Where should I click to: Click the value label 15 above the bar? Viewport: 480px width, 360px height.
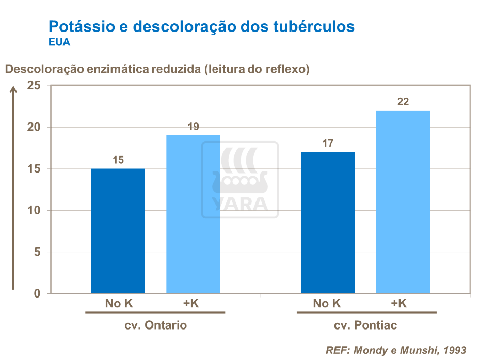tap(118, 160)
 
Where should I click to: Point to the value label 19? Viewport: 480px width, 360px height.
tap(193, 127)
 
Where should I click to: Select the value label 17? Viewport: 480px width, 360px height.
tap(328, 143)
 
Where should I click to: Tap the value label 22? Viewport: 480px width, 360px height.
tap(403, 102)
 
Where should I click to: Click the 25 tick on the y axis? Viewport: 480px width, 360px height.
tap(34, 86)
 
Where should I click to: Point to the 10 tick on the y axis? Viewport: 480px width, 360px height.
tap(34, 211)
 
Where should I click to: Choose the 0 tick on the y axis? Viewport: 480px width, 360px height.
tap(37, 294)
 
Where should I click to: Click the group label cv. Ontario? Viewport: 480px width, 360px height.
tap(155, 326)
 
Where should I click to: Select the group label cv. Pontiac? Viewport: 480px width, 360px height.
tap(365, 326)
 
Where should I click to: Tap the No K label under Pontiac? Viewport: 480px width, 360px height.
tap(327, 304)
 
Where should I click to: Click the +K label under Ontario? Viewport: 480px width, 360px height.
tap(191, 304)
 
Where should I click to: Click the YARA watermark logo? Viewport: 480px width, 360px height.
tap(239, 179)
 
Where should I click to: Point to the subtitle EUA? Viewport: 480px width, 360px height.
tap(59, 42)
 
